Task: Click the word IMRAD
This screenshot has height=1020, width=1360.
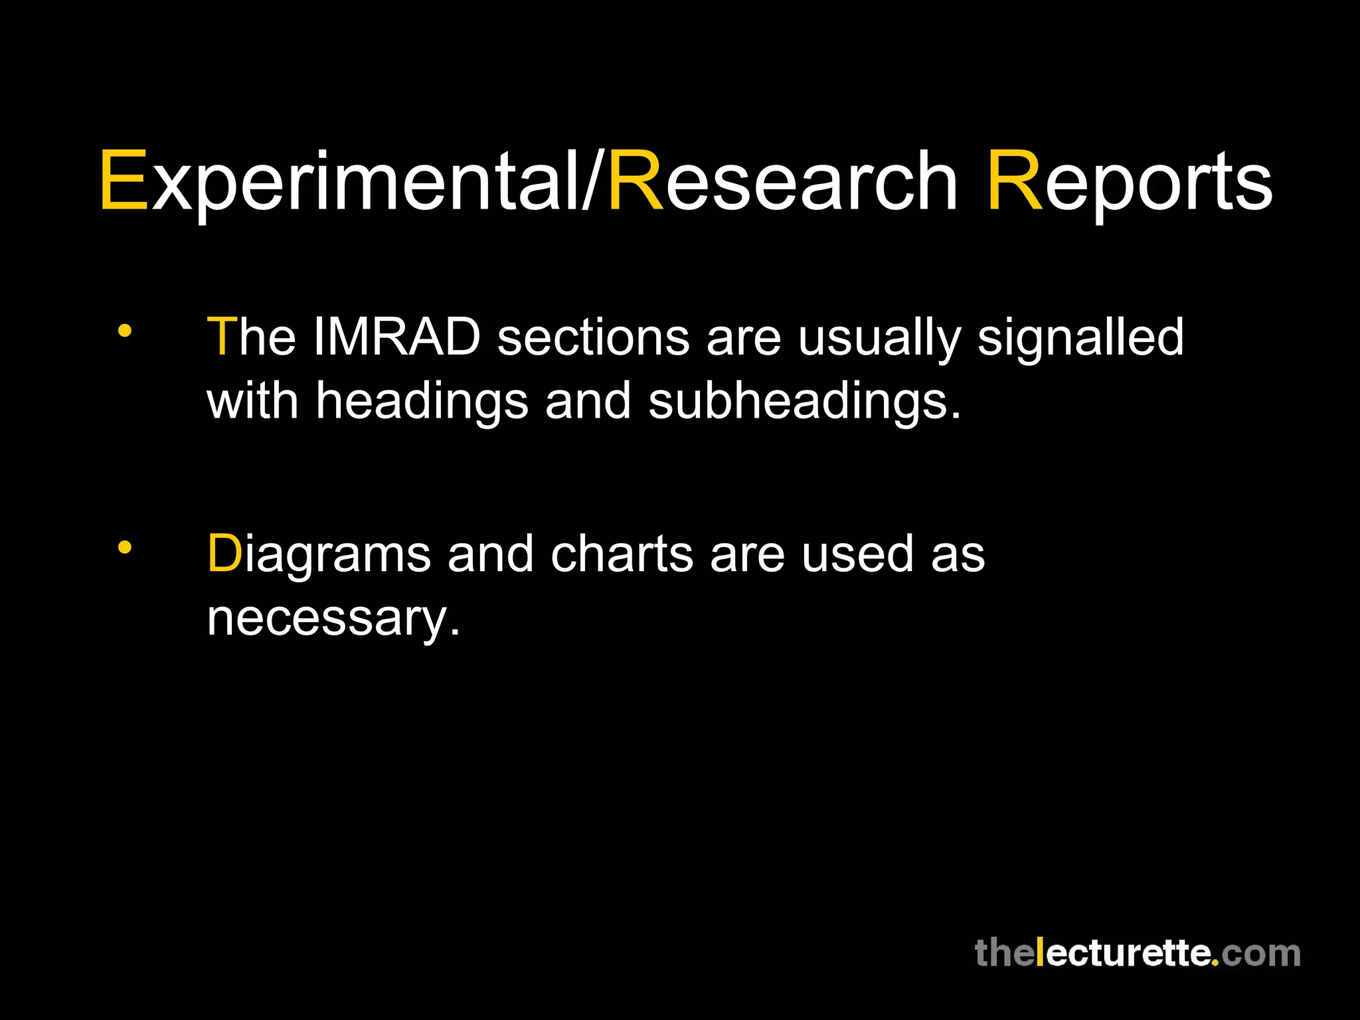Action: pyautogui.click(x=396, y=337)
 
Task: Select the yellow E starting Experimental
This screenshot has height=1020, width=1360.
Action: pyautogui.click(x=124, y=181)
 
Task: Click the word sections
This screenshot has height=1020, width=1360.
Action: pyautogui.click(x=593, y=337)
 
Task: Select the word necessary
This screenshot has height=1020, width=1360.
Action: pyautogui.click(x=332, y=618)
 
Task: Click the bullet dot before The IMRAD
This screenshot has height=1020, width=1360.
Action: pyautogui.click(x=124, y=330)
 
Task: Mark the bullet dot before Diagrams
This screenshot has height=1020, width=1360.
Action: pyautogui.click(x=124, y=547)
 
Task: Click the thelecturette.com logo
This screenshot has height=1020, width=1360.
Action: pyautogui.click(x=1137, y=953)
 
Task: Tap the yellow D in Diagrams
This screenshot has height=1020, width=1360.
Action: pyautogui.click(x=224, y=553)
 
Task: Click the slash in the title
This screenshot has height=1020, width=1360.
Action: pyautogui.click(x=593, y=181)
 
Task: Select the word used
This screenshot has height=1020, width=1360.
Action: pyautogui.click(x=857, y=553)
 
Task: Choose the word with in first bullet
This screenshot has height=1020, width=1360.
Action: pyautogui.click(x=252, y=401)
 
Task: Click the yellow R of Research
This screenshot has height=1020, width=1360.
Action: pyautogui.click(x=636, y=181)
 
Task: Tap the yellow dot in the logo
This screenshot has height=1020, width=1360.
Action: pyautogui.click(x=1215, y=962)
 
